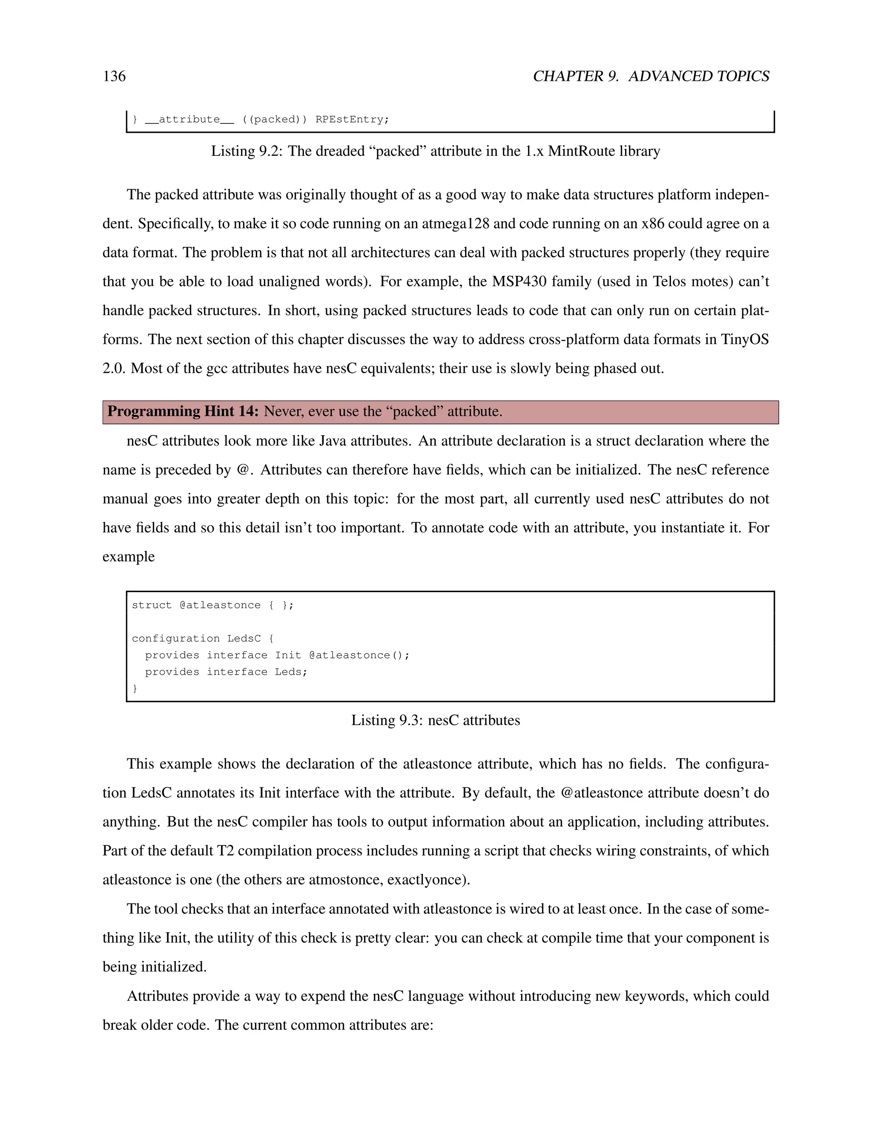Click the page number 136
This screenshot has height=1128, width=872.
click(114, 77)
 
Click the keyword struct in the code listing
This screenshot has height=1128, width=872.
click(151, 605)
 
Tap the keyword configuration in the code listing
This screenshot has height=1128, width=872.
click(176, 638)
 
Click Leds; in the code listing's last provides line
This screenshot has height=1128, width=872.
click(291, 672)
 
